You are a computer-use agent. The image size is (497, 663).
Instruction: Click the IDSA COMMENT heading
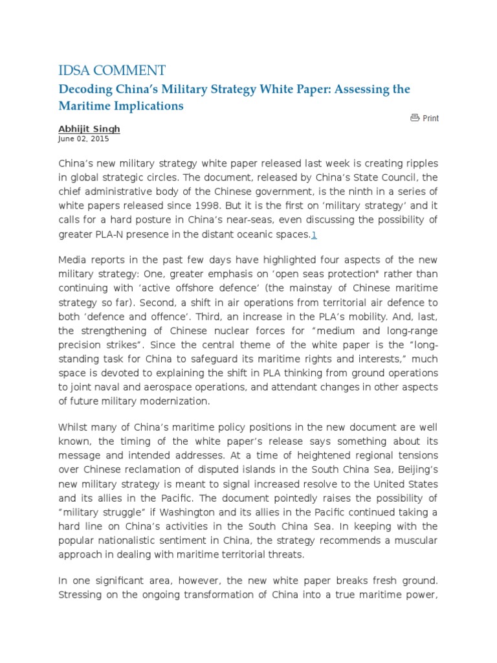[x=111, y=70]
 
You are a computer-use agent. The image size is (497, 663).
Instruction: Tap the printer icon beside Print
[x=415, y=118]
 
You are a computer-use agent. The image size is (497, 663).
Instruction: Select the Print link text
[x=430, y=118]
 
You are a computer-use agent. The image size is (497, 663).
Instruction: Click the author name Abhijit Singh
[x=89, y=129]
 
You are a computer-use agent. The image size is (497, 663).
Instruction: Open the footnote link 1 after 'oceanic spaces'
[x=314, y=234]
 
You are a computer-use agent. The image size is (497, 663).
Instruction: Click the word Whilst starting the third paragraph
[x=75, y=427]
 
